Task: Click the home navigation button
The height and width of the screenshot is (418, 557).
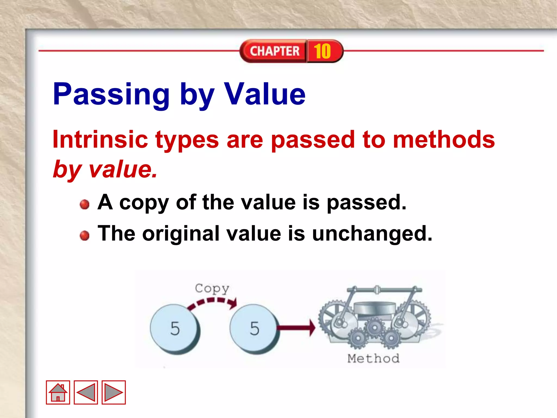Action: [58, 392]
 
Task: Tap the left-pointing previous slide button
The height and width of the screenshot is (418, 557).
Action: [86, 392]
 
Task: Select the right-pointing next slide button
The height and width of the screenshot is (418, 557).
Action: [114, 392]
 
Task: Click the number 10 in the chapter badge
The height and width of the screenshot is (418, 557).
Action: [323, 51]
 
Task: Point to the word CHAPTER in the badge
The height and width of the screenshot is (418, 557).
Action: [274, 51]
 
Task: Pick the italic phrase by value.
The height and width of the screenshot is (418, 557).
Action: [105, 169]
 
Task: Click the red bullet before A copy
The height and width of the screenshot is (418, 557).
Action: [85, 204]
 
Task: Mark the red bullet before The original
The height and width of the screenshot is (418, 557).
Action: [85, 235]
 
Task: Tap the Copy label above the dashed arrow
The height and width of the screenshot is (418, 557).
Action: [212, 288]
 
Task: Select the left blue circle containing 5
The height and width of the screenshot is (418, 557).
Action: [175, 328]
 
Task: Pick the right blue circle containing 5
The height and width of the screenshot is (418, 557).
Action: [254, 328]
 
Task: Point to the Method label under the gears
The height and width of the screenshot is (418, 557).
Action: [373, 358]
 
